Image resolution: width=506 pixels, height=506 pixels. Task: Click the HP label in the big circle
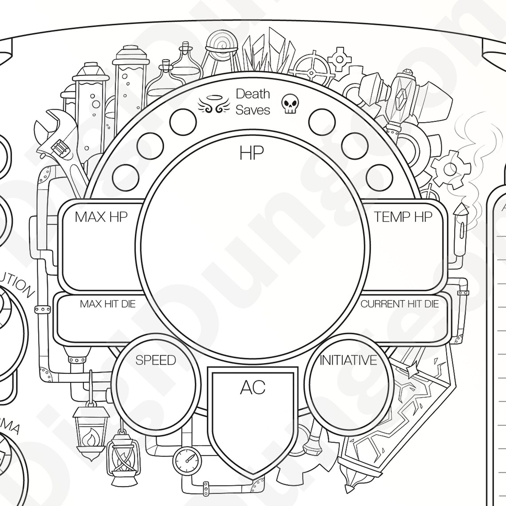tap(252, 153)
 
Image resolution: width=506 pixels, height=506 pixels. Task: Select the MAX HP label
tap(101, 217)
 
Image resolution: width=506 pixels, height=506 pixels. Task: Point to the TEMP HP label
tap(403, 217)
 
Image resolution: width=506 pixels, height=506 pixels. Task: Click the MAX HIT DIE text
tap(108, 304)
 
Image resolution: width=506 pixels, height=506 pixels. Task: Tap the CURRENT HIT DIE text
tap(399, 304)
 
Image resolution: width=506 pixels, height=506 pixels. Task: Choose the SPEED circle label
tap(155, 360)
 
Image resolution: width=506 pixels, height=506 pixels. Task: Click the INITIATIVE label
tap(348, 360)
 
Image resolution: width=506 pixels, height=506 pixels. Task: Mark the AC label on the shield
tap(253, 387)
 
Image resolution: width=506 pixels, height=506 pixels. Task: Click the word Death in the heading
tap(253, 94)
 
